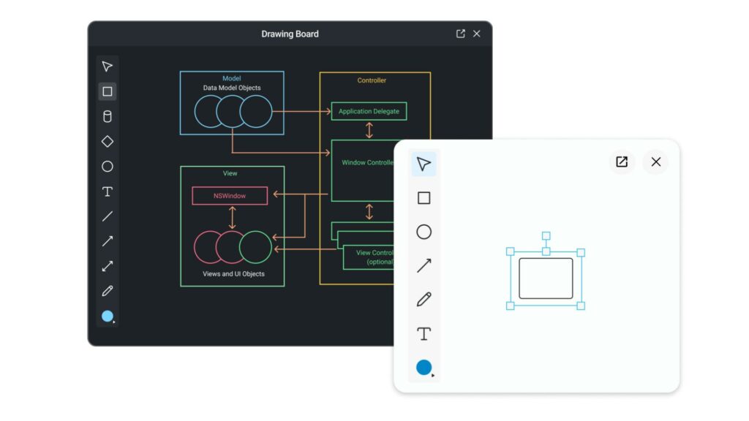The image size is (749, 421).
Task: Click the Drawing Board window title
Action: click(x=290, y=34)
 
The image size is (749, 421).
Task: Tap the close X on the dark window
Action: click(x=476, y=34)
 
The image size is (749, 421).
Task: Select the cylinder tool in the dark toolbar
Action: click(x=108, y=116)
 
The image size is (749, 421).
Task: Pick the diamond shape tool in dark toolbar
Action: click(x=108, y=141)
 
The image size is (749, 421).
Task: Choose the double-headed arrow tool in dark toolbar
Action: click(x=108, y=266)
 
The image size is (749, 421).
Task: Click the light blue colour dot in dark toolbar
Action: click(x=108, y=316)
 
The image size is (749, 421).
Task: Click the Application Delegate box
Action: click(x=369, y=111)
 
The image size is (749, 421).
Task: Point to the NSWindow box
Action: click(x=230, y=196)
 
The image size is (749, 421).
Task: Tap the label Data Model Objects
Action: click(x=232, y=88)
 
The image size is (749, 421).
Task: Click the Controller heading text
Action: click(x=372, y=80)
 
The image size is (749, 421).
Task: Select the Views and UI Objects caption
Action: click(x=233, y=274)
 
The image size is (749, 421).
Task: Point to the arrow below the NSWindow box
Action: click(x=232, y=218)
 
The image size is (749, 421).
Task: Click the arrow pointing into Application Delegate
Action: click(x=301, y=111)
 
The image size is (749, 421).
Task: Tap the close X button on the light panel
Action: click(x=656, y=162)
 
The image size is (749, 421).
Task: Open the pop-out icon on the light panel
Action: click(x=622, y=162)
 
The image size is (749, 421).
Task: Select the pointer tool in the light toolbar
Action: click(x=424, y=164)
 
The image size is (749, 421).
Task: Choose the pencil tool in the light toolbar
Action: click(x=424, y=299)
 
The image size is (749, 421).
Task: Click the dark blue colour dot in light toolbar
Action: click(x=424, y=367)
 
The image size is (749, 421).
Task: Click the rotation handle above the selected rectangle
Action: click(x=546, y=236)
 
